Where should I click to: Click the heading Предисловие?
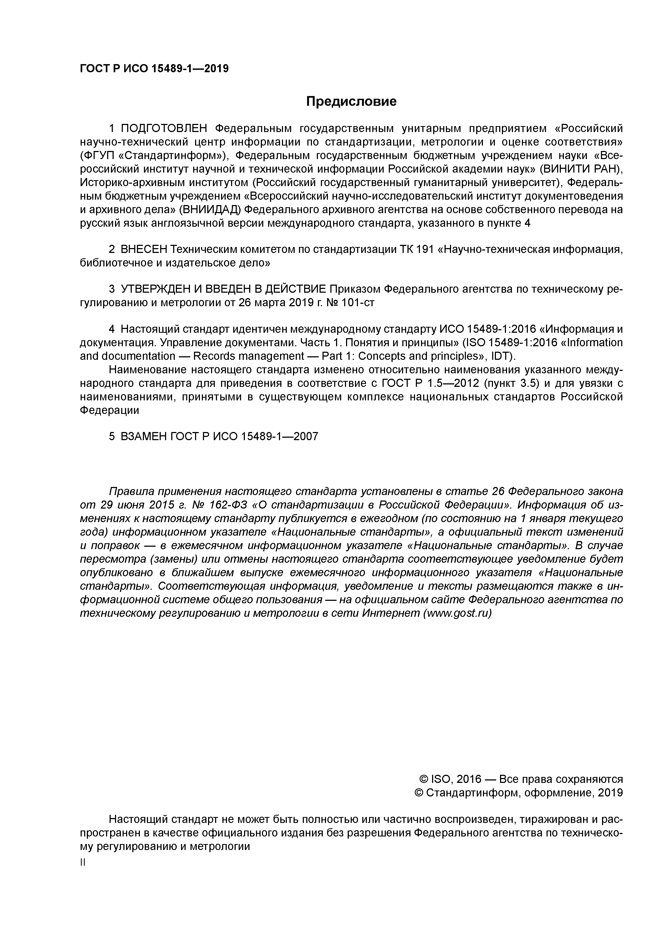351,101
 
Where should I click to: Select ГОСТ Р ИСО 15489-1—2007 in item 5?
244,436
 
